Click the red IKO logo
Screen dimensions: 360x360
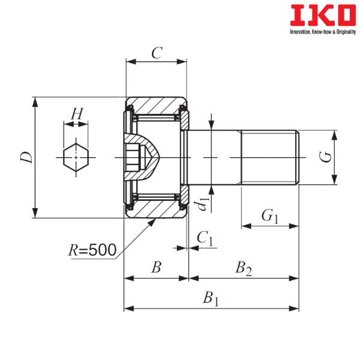pos(323,15)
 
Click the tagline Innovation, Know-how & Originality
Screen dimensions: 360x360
pos(323,32)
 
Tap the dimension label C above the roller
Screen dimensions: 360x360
pos(157,53)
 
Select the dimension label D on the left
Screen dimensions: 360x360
pos(26,157)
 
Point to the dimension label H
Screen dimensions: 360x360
pos(77,114)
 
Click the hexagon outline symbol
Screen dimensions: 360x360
pos(76,157)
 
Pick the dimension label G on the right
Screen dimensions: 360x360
pos(326,157)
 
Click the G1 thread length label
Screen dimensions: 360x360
pos(270,216)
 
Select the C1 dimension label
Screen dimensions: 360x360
pos(205,238)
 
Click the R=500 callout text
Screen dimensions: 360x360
pos(92,250)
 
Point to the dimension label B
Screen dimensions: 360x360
pos(156,267)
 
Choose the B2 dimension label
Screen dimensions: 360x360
pos(244,268)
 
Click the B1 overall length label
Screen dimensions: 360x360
pos(211,299)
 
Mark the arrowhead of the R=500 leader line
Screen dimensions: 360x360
pos(152,222)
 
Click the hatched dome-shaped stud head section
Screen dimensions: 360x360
pos(142,157)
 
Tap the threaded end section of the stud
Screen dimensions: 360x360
pos(270,157)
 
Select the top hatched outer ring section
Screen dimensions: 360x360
pos(156,106)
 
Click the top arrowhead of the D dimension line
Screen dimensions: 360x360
pos(35,102)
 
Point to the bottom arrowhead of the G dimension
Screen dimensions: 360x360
pos(335,179)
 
